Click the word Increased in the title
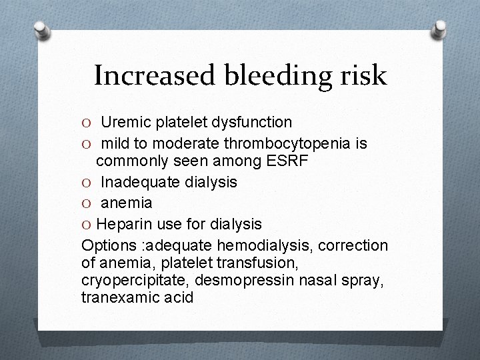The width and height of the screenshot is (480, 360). tap(153, 76)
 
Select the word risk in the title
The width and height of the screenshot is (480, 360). tap(363, 76)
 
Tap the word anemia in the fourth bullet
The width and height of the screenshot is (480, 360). tap(127, 203)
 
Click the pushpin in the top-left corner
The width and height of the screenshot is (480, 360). tap(42, 29)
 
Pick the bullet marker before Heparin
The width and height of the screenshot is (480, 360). tap(87, 223)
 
